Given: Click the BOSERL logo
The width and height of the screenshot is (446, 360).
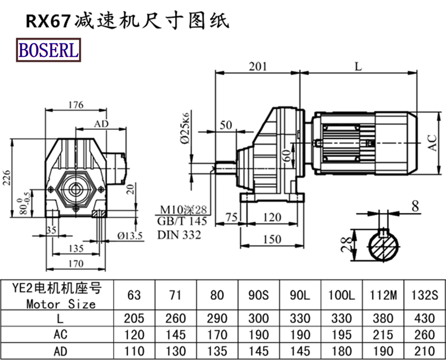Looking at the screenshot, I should pos(49,50).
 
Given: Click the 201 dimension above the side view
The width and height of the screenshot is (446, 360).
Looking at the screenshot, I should pos(257,66).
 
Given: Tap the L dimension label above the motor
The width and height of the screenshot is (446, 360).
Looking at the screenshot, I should pos(358,66).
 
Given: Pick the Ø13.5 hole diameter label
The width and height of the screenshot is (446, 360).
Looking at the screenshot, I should pos(129,235).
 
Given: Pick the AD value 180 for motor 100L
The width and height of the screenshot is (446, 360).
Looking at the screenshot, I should pos(343,351).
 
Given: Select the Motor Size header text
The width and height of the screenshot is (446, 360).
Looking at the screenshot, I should pos(60,304).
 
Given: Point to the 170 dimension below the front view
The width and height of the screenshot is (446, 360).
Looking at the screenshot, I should pos(75,263).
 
